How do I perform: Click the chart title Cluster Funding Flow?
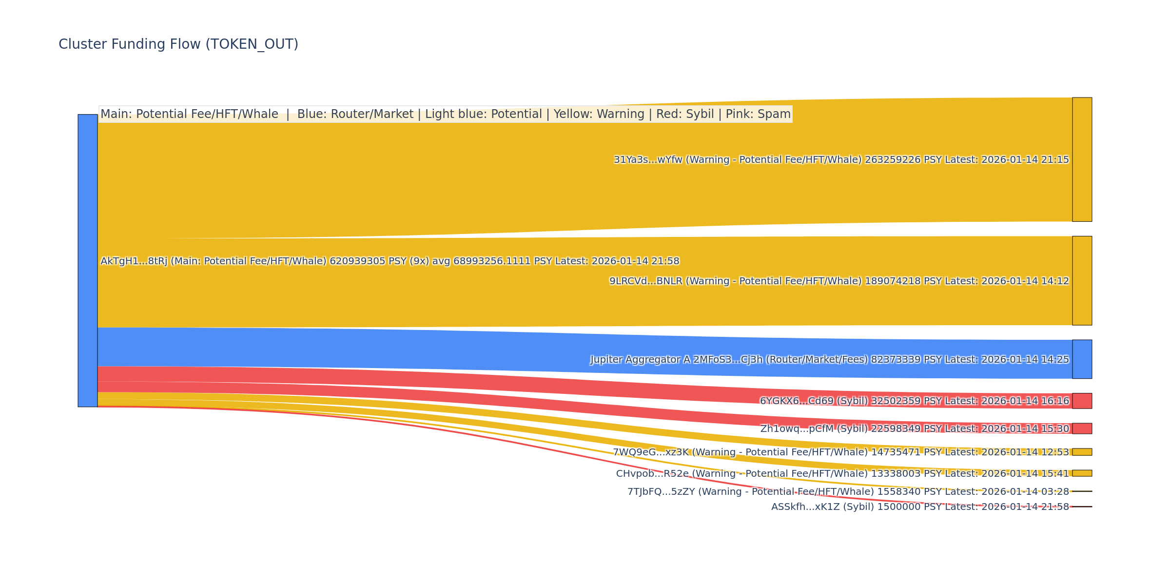(178, 44)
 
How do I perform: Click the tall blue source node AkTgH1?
(88, 260)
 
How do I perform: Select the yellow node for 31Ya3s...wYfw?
(1082, 159)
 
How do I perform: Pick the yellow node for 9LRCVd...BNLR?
(1082, 281)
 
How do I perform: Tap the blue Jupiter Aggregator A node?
(1082, 359)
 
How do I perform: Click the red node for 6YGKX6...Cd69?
(1082, 401)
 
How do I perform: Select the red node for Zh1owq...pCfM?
(1082, 429)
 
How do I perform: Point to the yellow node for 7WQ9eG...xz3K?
(1082, 452)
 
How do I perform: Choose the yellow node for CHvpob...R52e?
(1082, 473)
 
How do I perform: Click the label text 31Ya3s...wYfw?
(648, 160)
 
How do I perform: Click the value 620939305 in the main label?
(357, 261)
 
